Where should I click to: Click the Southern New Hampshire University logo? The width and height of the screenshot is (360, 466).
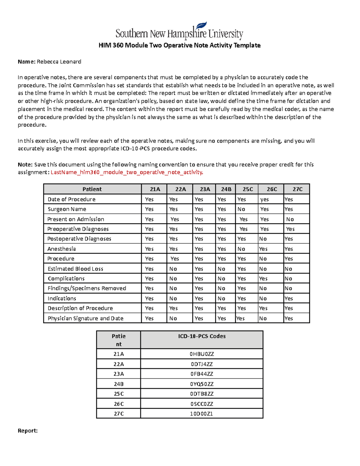pyautogui.click(x=179, y=32)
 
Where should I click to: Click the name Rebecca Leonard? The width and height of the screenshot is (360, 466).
pyautogui.click(x=59, y=62)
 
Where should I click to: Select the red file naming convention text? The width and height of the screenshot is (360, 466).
pyautogui.click(x=127, y=172)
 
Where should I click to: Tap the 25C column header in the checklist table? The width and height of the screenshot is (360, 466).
pyautogui.click(x=247, y=189)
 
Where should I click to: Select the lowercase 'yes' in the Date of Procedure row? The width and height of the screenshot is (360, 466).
pyautogui.click(x=264, y=199)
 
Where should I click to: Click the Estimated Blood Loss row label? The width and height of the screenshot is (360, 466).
pyautogui.click(x=75, y=269)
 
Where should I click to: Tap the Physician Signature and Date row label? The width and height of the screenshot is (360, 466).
pyautogui.click(x=85, y=318)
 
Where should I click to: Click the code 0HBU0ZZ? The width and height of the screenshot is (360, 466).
pyautogui.click(x=202, y=354)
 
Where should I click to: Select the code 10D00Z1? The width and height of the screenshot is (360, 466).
pyautogui.click(x=202, y=413)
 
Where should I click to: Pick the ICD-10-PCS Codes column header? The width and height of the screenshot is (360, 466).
pyautogui.click(x=202, y=336)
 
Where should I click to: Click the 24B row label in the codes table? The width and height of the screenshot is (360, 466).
pyautogui.click(x=118, y=384)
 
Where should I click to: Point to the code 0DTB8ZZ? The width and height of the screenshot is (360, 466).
pyautogui.click(x=202, y=394)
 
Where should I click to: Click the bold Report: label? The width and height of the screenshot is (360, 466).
pyautogui.click(x=28, y=431)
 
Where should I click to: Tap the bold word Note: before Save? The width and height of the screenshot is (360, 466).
pyautogui.click(x=25, y=164)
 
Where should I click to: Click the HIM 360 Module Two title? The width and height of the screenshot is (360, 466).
pyautogui.click(x=179, y=45)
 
